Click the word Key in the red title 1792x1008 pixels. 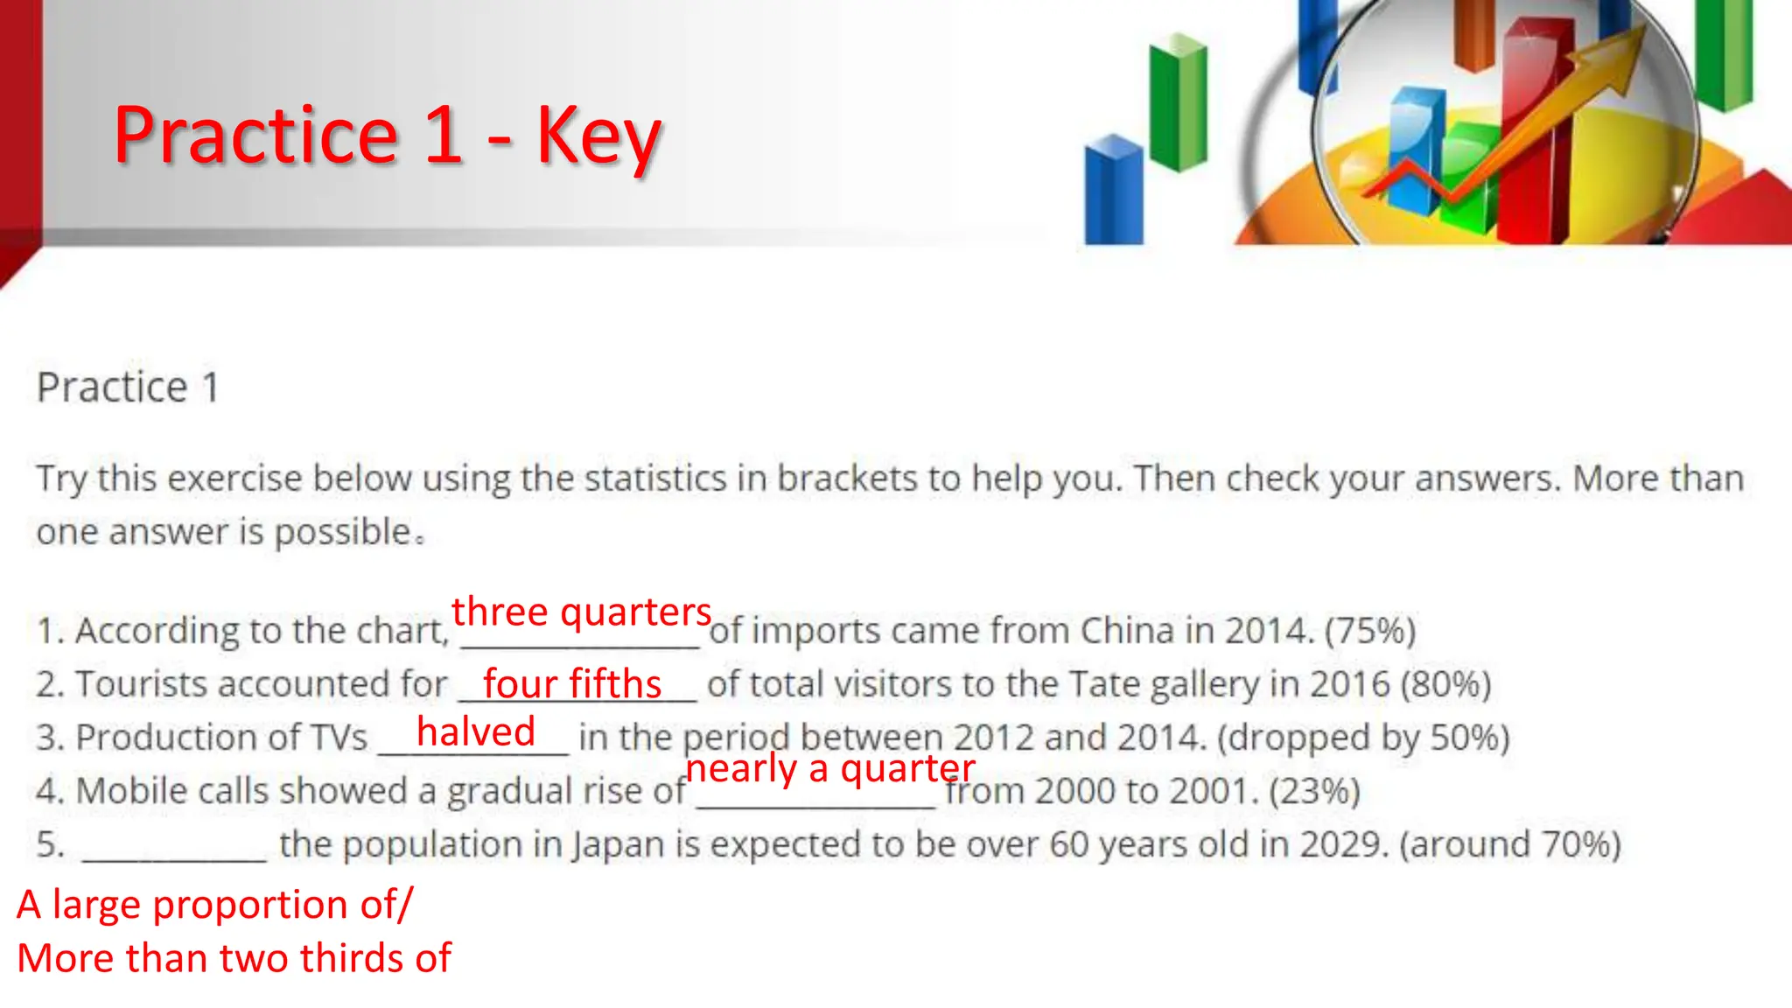pyautogui.click(x=598, y=136)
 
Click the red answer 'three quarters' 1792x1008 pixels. pyautogui.click(x=581, y=611)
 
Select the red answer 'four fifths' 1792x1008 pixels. pyautogui.click(x=572, y=683)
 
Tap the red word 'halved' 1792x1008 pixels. pyautogui.click(x=475, y=731)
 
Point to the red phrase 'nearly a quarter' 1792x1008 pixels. pyautogui.click(x=829, y=768)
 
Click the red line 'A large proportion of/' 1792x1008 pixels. pyautogui.click(x=214, y=904)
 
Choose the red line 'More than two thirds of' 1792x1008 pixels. pyautogui.click(x=234, y=958)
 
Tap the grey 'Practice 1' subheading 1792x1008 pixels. pyautogui.click(x=128, y=388)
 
